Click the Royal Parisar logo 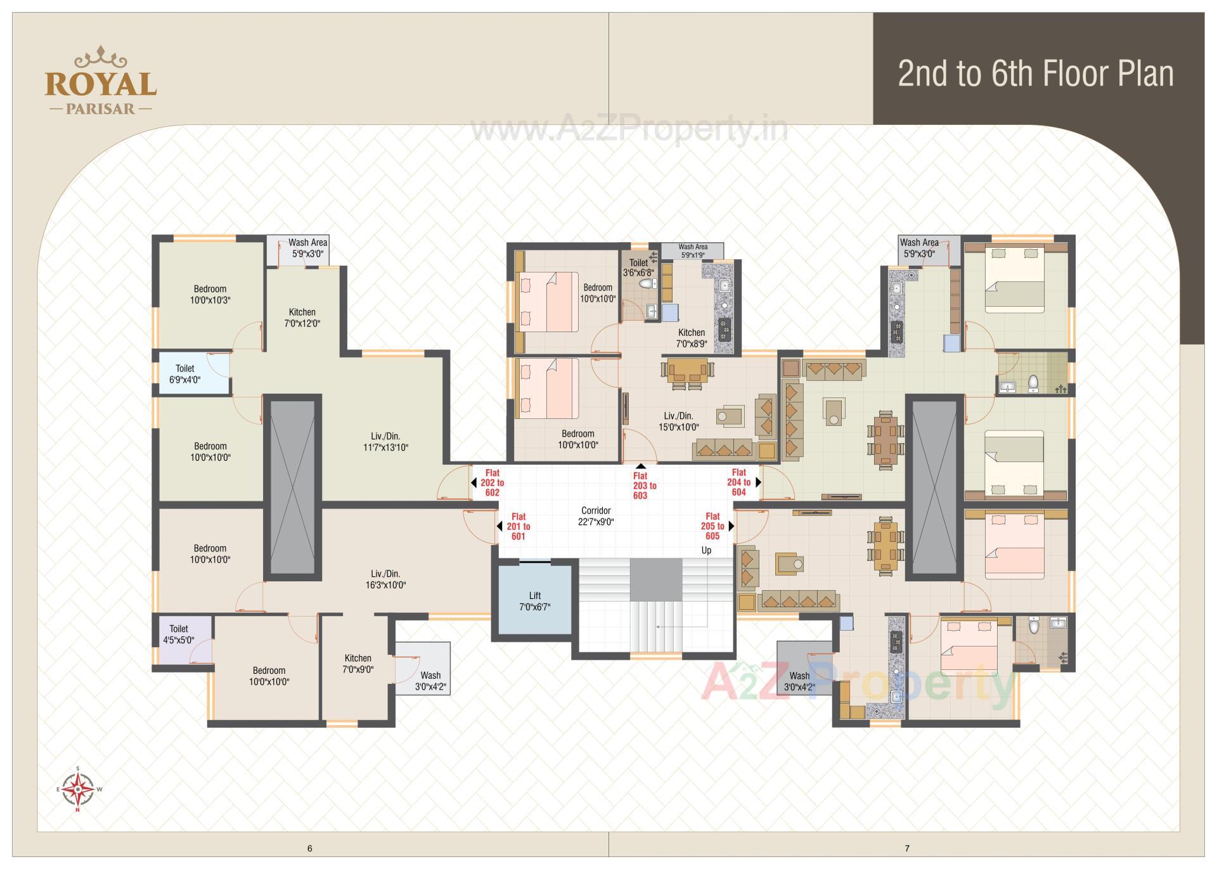click(x=100, y=81)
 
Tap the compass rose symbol click(x=79, y=789)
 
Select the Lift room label click(x=535, y=601)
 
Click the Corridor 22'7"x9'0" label click(x=596, y=516)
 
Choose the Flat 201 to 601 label click(x=518, y=526)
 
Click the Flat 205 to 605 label click(x=712, y=526)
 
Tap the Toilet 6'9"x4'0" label click(x=185, y=374)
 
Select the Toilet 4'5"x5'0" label click(x=178, y=634)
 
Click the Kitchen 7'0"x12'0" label click(x=302, y=318)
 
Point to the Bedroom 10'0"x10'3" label click(x=210, y=294)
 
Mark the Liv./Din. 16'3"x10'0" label click(x=385, y=579)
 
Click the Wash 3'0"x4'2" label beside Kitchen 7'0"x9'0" click(x=430, y=680)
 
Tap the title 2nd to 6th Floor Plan click(x=1035, y=74)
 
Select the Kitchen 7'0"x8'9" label click(x=692, y=338)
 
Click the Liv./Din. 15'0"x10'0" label click(x=678, y=422)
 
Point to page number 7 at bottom click(x=907, y=848)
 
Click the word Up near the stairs click(x=706, y=550)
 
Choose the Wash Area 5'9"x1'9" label click(x=693, y=250)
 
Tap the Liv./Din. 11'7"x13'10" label click(x=385, y=442)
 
